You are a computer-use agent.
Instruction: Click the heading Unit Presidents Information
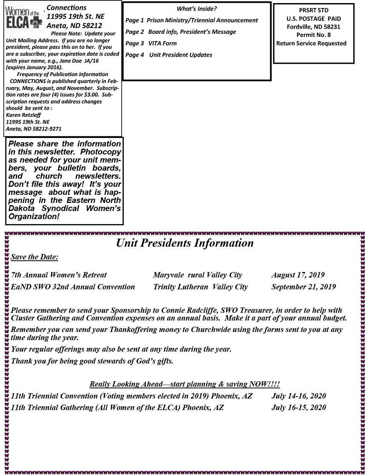coord(185,243)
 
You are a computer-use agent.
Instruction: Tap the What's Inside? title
coord(197,9)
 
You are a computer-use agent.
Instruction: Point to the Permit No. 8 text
coord(314,35)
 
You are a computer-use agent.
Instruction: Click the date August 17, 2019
coord(298,275)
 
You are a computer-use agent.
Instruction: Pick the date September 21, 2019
coord(304,287)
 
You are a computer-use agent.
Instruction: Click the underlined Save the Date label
coord(35,257)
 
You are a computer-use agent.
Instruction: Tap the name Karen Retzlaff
coord(23,115)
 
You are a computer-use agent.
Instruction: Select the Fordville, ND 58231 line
coord(314,27)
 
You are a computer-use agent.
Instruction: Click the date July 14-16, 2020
coord(299,396)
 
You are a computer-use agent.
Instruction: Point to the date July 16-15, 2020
coord(299,408)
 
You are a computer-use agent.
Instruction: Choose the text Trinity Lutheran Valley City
coord(200,287)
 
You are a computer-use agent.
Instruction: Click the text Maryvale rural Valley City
coord(197,275)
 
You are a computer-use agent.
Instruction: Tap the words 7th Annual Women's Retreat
coord(59,275)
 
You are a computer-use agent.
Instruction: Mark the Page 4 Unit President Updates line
coord(169,55)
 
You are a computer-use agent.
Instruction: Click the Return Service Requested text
coord(311,43)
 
